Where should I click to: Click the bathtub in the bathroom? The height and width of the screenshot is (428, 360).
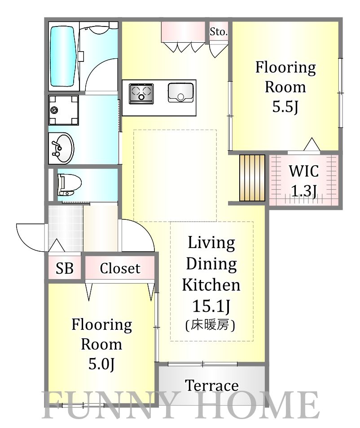(x=62, y=57)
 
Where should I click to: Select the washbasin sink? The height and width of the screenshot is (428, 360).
(x=62, y=148)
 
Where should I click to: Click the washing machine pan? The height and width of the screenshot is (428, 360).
(x=63, y=110)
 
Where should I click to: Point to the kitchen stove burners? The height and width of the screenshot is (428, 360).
(x=141, y=93)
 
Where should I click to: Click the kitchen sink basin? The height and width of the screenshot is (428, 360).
(x=180, y=92)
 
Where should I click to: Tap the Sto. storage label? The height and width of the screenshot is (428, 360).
(x=219, y=32)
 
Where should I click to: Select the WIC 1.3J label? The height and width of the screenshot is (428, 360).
(x=304, y=181)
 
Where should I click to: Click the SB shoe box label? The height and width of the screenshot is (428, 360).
(x=65, y=268)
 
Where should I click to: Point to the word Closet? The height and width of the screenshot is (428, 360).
(x=120, y=268)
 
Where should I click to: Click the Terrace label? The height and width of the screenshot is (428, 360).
(x=212, y=386)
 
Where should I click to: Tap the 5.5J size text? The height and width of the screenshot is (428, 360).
(x=285, y=106)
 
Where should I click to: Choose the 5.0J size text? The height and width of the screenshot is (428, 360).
(x=101, y=363)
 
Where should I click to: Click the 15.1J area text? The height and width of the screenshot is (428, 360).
(x=211, y=306)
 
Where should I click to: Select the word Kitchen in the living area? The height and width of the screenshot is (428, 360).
(x=211, y=285)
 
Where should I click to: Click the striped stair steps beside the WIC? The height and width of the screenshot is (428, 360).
(x=252, y=178)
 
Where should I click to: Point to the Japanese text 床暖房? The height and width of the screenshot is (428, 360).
(x=210, y=325)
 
